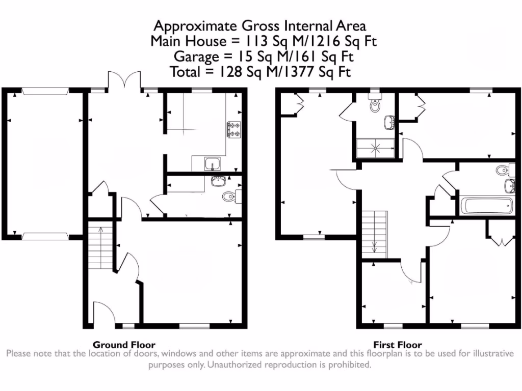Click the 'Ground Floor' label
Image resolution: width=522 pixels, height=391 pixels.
(x=124, y=345)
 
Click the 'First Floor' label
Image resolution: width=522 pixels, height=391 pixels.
(x=398, y=345)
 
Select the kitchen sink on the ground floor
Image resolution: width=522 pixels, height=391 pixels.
(x=213, y=163)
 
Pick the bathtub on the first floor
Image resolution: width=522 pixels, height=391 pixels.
(x=486, y=206)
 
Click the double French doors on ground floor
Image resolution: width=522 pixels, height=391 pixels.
(x=124, y=80)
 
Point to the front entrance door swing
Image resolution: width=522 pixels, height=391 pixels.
(x=102, y=312)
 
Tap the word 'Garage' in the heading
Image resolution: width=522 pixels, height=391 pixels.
(x=192, y=57)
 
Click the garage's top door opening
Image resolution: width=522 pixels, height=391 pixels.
(x=45, y=91)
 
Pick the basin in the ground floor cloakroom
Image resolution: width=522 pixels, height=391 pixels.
(x=219, y=181)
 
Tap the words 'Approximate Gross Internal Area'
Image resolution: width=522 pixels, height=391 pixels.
(x=260, y=25)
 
